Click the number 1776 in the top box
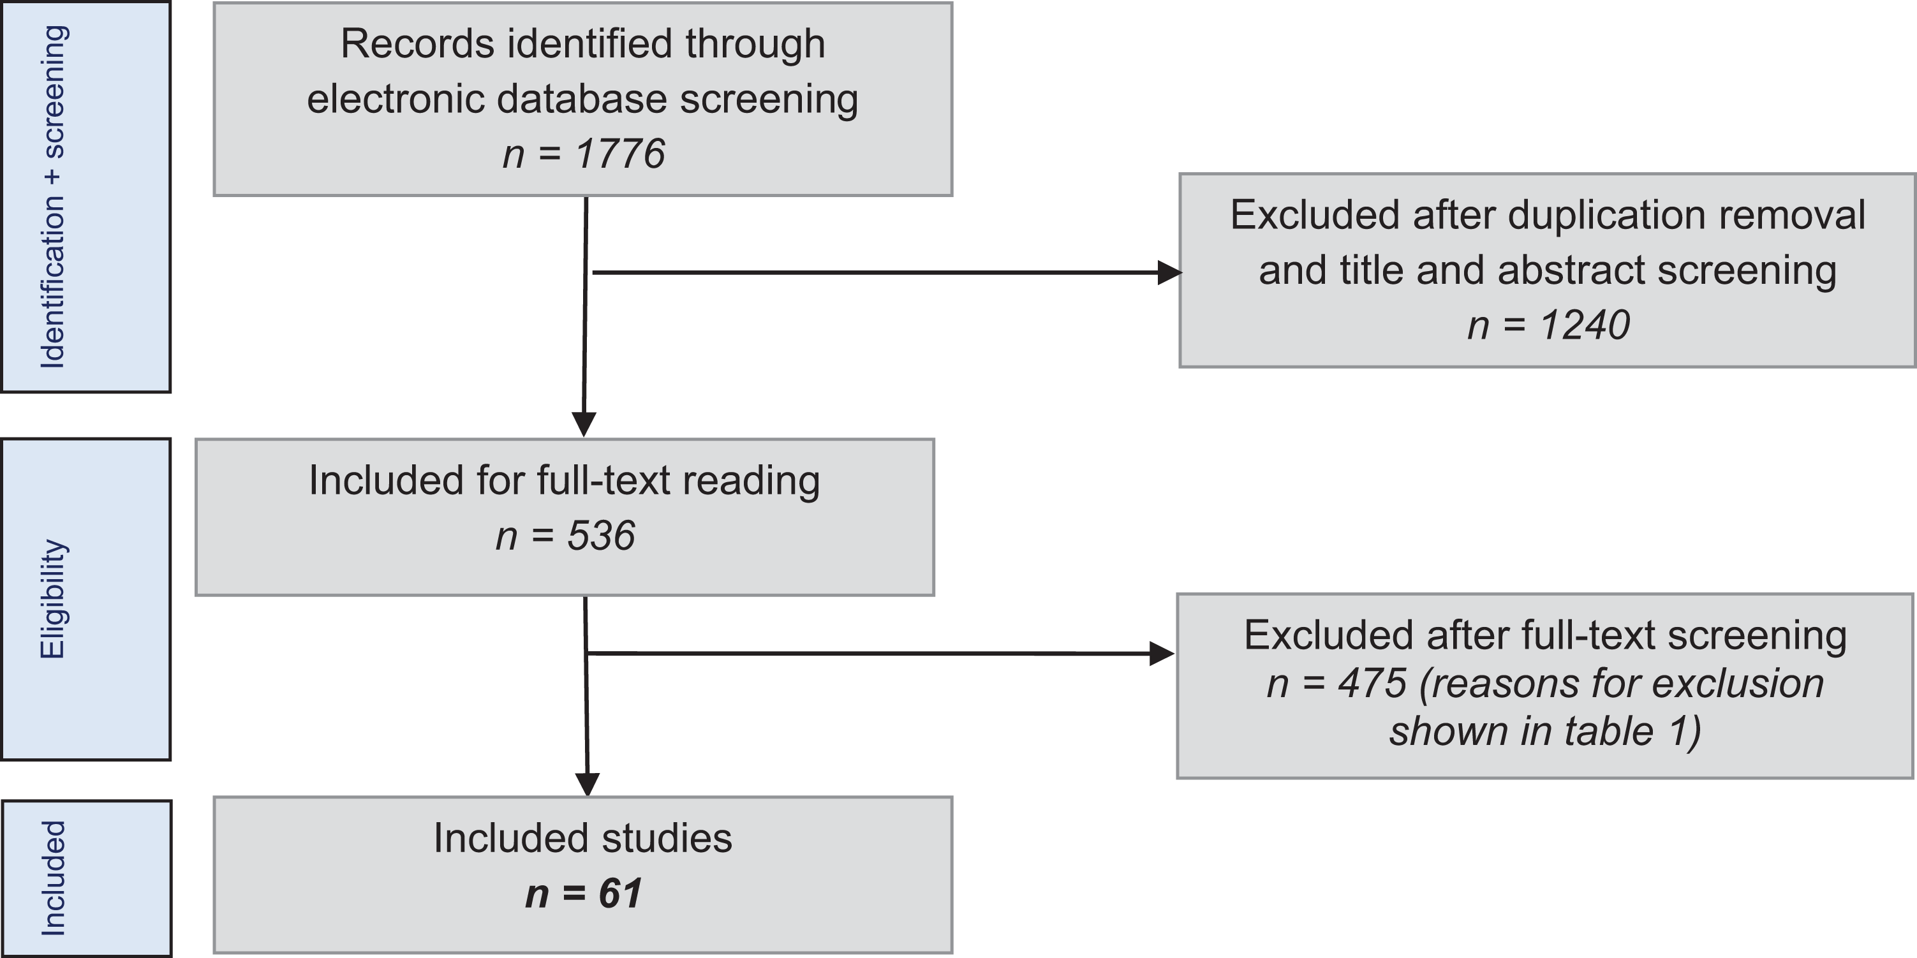[x=620, y=154]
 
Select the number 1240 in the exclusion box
[x=1585, y=325]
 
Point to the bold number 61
[x=620, y=894]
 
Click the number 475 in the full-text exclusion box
[x=1372, y=683]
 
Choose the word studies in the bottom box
[x=667, y=838]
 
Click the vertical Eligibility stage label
[x=53, y=599]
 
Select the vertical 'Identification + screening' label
[x=53, y=196]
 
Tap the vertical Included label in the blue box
[x=53, y=878]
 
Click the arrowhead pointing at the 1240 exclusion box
[x=1170, y=273]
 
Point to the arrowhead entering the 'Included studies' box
[x=588, y=785]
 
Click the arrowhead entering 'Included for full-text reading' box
[x=584, y=425]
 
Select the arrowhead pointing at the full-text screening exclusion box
[x=1162, y=654]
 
